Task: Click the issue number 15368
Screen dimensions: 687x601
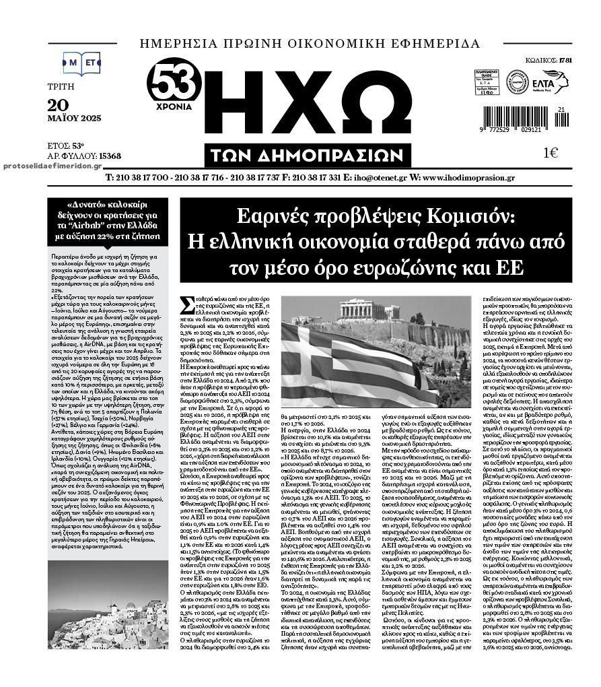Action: coord(110,156)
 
